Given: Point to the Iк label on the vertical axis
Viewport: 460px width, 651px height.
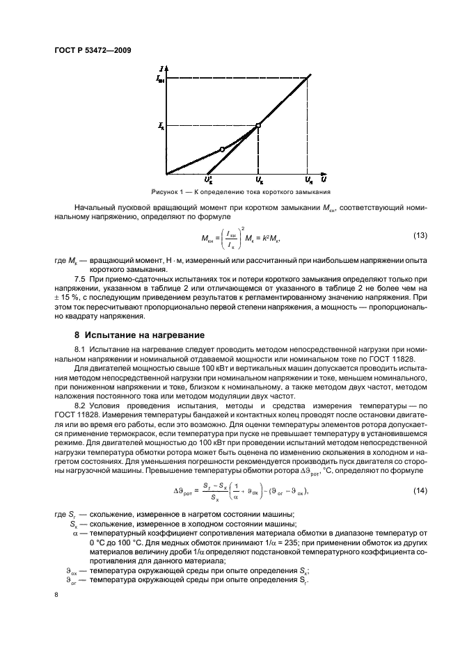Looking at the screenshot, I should (x=161, y=126).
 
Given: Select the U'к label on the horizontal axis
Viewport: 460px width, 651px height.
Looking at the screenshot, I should (x=209, y=182).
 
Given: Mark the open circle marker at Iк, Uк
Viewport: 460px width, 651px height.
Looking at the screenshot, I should (x=258, y=125).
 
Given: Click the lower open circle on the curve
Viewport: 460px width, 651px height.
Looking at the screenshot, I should (x=222, y=149).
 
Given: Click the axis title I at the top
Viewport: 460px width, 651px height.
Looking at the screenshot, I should (x=161, y=67).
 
